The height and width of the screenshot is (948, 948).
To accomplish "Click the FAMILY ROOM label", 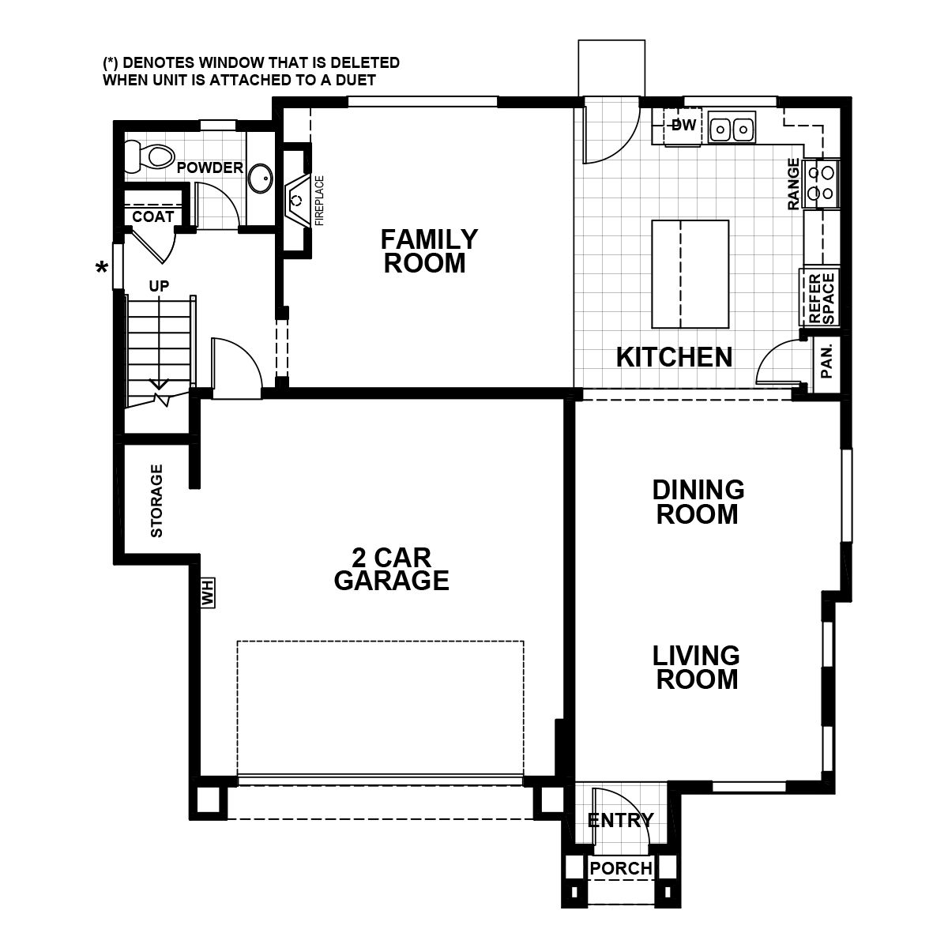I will (430, 250).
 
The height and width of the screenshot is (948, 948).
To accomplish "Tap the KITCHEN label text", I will (674, 357).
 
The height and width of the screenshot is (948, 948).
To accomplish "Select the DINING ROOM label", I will (698, 502).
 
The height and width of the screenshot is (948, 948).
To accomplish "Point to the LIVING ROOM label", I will (697, 667).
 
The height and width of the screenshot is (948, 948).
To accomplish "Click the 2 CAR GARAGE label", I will (391, 570).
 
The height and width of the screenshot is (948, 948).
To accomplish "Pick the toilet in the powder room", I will (150, 156).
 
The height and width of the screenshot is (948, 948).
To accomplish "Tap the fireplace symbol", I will (298, 200).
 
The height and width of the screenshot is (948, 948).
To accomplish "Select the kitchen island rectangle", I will (690, 274).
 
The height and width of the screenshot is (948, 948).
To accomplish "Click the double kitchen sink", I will (732, 129).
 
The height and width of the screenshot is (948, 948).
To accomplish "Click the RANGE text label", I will (794, 184).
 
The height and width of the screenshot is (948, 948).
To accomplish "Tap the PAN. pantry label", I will (827, 361).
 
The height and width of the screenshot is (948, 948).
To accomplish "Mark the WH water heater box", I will (209, 592).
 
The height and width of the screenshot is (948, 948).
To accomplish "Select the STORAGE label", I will (156, 501).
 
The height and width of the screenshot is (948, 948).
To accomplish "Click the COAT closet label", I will (152, 216).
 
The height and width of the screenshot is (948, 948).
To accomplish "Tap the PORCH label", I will (622, 868).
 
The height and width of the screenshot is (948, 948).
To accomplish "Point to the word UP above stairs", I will (159, 286).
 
